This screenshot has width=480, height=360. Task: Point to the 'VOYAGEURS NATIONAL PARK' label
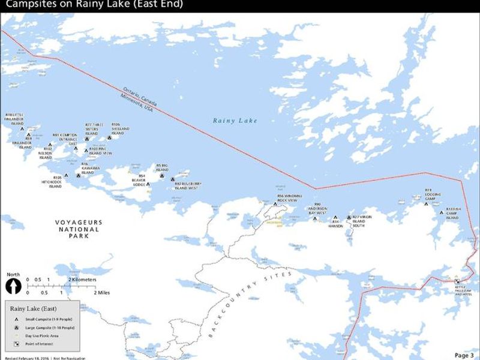click(79, 229)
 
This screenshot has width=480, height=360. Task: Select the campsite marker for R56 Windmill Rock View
click(275, 204)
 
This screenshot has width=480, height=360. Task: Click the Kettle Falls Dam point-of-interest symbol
click(457, 281)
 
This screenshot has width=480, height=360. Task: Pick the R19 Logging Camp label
click(433, 194)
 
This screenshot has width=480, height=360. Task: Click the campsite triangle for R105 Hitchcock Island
click(66, 176)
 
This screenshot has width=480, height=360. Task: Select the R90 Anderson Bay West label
click(317, 209)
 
